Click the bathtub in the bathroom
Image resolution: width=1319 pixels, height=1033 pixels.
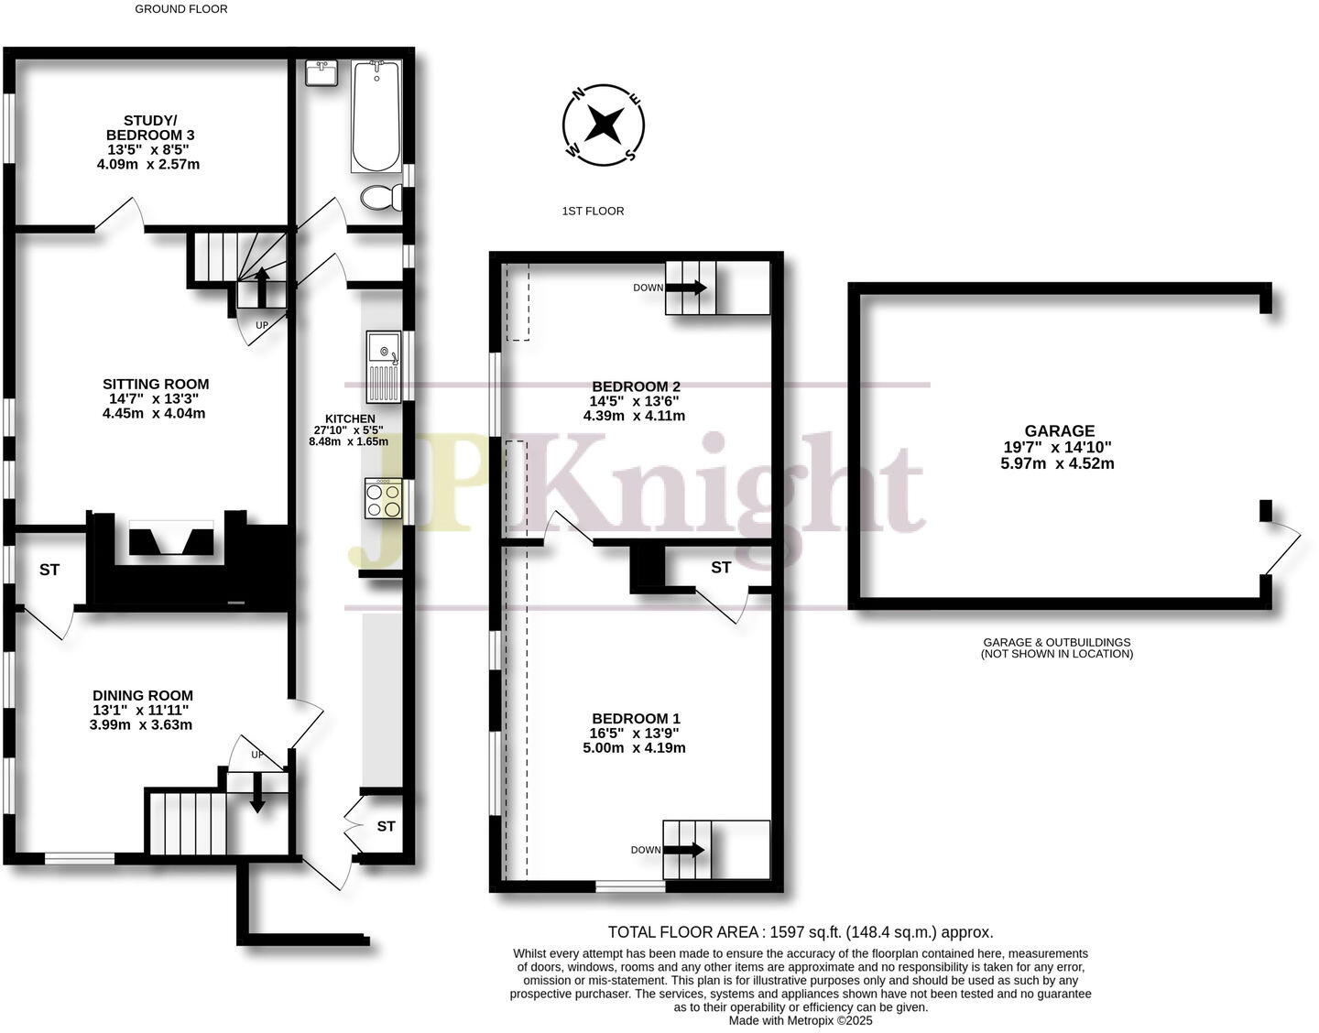pos(376,116)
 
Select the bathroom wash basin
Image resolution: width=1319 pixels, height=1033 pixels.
pos(322,72)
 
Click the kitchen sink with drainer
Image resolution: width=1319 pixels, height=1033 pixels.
pos(384,366)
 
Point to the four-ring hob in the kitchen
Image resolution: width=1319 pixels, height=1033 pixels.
pos(383,498)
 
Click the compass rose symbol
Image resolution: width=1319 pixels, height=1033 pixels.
pos(603,125)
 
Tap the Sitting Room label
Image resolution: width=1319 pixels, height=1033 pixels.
pos(156,385)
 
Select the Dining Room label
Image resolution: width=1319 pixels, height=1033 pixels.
pos(143,696)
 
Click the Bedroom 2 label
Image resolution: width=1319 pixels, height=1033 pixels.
pos(636,387)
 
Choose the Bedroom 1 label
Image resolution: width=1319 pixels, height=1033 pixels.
pos(636,719)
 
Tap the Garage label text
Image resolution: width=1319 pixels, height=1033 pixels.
pos(1060,431)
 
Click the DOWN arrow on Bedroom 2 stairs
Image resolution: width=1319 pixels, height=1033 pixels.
pos(686,288)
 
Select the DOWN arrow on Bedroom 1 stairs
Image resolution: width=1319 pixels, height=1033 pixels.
pos(683,850)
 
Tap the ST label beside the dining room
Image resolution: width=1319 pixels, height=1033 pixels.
pos(49,570)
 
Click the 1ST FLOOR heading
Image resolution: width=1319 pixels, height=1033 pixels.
pos(593,212)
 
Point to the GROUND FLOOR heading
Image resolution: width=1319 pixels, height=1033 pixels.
pos(181,9)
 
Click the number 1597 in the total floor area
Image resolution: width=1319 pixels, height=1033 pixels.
pos(787,932)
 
